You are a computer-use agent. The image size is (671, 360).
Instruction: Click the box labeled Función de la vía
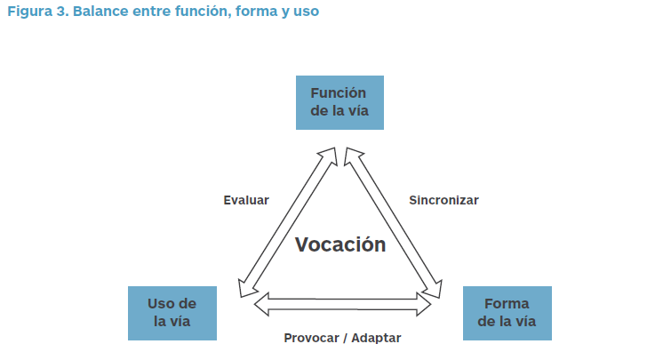coord(339,103)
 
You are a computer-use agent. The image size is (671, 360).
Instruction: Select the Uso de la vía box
coord(172,314)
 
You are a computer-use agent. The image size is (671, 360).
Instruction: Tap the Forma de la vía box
coord(507,314)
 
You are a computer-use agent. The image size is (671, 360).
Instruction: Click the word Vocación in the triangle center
coord(340,244)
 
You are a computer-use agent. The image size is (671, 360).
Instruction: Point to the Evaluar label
coord(246,200)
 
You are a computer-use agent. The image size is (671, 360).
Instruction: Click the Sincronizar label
coord(443,200)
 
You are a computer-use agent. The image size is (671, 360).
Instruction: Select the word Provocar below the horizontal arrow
coord(312,338)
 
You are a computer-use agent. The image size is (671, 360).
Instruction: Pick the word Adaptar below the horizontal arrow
coord(376,338)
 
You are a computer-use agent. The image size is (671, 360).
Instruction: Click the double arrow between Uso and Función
coord(288,222)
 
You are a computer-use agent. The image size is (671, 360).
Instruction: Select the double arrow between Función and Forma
coord(394,222)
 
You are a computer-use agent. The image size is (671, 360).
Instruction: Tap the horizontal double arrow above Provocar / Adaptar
coord(342,304)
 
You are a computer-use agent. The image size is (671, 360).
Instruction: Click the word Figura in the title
coord(30,12)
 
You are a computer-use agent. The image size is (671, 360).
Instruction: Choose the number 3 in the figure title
coord(62,12)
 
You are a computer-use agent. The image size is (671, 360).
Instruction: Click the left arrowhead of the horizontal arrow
coord(262,304)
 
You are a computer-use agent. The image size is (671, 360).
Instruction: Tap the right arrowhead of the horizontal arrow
coord(424,304)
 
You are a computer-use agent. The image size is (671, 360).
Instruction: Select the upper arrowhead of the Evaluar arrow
coord(329,155)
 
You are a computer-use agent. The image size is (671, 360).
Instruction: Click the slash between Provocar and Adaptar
coord(346,338)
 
